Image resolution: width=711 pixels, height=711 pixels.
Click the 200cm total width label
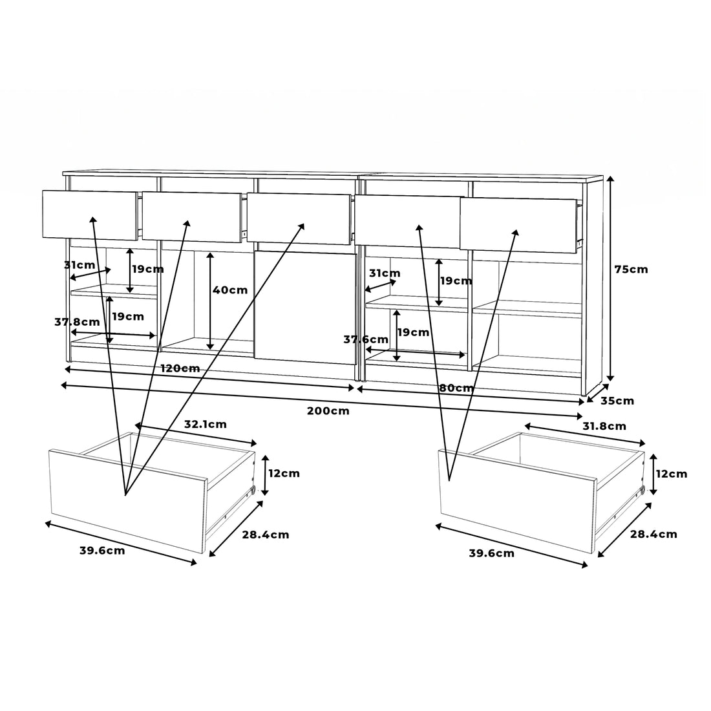click(x=328, y=411)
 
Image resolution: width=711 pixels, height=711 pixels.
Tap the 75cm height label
click(x=631, y=270)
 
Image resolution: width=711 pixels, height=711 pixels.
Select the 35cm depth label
click(x=617, y=401)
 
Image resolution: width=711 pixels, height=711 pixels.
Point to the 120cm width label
click(x=180, y=368)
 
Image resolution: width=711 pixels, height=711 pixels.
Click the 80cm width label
click(x=456, y=388)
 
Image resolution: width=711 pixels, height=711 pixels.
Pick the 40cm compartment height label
click(x=230, y=290)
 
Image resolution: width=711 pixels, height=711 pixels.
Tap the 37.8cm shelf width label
click(x=77, y=322)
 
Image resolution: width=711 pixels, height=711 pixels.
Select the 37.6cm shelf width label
click(x=365, y=339)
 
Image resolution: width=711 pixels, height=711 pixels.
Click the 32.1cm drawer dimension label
click(x=205, y=425)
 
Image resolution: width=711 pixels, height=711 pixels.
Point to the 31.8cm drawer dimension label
click(x=604, y=426)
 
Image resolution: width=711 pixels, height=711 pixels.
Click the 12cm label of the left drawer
click(x=284, y=473)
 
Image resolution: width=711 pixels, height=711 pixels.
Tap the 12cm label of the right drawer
click(x=672, y=474)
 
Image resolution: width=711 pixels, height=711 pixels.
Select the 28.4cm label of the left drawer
click(x=265, y=535)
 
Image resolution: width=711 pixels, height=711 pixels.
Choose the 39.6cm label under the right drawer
click(x=491, y=553)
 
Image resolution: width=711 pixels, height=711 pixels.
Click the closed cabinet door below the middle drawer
click(x=305, y=308)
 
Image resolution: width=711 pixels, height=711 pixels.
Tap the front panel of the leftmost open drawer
click(x=90, y=215)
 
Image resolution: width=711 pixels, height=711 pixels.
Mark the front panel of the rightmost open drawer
click(x=518, y=225)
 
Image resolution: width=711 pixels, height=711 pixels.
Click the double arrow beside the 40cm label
click(x=210, y=301)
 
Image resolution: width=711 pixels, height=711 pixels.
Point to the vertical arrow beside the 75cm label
click(x=610, y=279)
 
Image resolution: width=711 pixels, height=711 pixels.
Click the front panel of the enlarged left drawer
click(x=128, y=501)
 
